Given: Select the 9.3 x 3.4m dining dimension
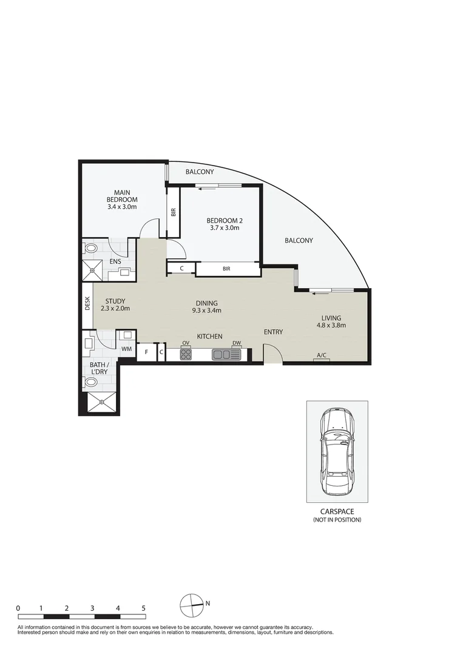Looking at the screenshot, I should click(x=206, y=311).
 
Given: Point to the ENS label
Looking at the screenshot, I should click(x=115, y=261).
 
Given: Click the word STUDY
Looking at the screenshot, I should click(x=115, y=301).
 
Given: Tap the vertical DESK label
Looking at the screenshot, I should click(x=87, y=303).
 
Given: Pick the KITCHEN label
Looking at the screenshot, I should click(x=209, y=336).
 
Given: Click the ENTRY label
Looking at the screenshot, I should click(x=273, y=332).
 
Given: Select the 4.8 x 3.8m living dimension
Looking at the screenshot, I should click(x=331, y=325).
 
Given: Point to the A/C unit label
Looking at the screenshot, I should click(x=321, y=356).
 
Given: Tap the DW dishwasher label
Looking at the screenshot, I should click(x=237, y=343).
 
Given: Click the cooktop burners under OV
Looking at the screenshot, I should click(x=186, y=354).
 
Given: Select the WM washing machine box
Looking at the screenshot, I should click(x=127, y=349).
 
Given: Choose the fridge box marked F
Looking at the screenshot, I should click(x=146, y=352).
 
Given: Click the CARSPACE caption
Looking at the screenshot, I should click(x=337, y=512).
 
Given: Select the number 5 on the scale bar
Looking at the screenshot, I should click(x=143, y=607).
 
